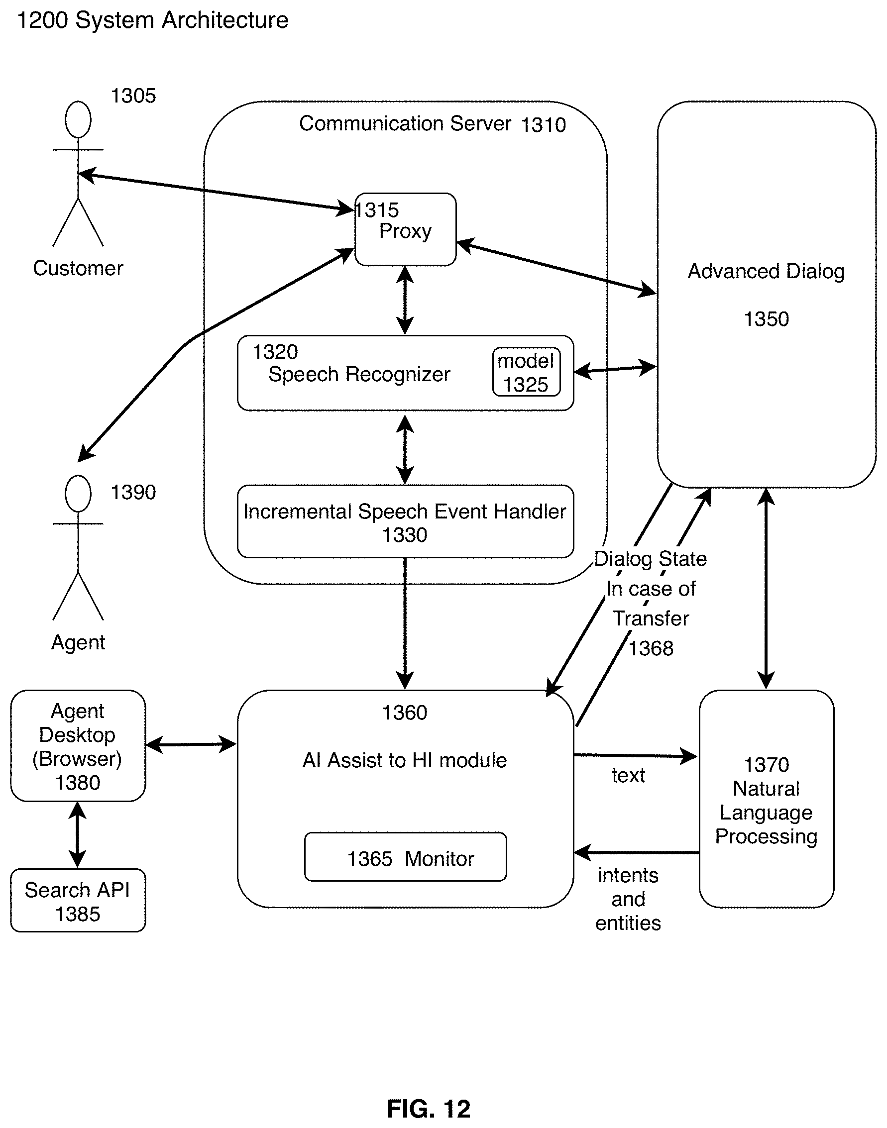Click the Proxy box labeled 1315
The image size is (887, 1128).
point(405,229)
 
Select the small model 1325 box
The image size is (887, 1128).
point(526,372)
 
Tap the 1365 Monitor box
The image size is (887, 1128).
point(405,859)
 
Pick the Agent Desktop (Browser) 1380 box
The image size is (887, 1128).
point(78,746)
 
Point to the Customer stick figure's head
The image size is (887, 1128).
point(78,120)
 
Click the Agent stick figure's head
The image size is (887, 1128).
point(78,494)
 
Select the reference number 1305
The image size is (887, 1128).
point(133,96)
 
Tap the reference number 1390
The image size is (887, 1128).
point(133,492)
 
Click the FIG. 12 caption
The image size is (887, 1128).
point(429,1109)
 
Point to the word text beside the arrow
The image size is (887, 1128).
point(628,776)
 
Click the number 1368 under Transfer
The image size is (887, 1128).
point(651,648)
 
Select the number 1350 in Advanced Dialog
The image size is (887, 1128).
point(766,319)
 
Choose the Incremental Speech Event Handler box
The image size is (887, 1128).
point(405,521)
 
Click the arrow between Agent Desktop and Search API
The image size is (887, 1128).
point(77,835)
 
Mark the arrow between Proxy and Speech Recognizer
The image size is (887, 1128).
point(405,300)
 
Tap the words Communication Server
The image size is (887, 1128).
point(405,123)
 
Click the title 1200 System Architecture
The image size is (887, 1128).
point(153,21)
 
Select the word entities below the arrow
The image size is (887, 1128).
point(628,923)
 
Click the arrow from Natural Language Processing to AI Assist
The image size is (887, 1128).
point(636,852)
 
